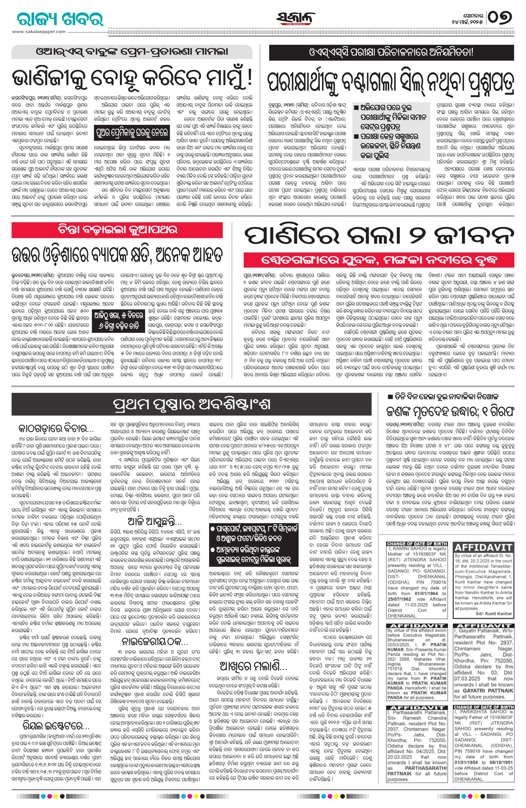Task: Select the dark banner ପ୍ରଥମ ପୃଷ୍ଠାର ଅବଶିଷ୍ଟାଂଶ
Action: [x=192, y=404]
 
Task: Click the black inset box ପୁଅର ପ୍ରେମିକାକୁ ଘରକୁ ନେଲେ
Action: [x=132, y=131]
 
